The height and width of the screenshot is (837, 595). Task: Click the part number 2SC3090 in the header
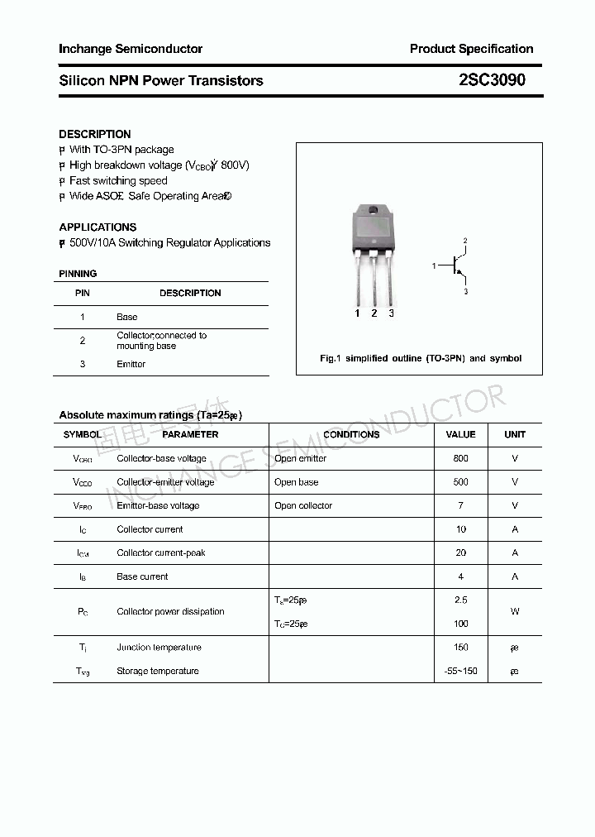pos(491,80)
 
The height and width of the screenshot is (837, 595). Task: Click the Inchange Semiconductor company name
pos(130,49)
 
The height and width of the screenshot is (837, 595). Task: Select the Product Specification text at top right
pos(471,49)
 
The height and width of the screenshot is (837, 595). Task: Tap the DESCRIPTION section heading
pos(94,134)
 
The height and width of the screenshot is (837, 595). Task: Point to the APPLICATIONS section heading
pos(98,227)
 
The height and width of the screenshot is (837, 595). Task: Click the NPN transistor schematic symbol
pos(457,265)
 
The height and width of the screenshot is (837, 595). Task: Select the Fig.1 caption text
pos(420,358)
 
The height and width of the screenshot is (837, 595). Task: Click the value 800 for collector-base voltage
pos(460,458)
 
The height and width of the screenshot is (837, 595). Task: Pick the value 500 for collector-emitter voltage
pos(460,481)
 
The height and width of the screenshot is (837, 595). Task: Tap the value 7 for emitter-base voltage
pos(460,505)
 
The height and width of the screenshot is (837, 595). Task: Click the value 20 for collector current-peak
pos(460,552)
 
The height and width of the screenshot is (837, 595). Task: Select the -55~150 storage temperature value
pos(460,671)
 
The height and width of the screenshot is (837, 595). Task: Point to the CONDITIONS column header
pos(351,434)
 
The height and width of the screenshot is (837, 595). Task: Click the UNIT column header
pos(515,434)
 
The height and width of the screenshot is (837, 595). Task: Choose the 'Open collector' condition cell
pos(303,505)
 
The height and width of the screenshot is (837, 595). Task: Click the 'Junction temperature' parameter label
pos(159,648)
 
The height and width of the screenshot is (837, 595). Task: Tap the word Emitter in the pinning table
pos(131,364)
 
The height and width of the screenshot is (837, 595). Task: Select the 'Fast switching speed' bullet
pos(118,180)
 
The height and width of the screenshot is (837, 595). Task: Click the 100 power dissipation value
pos(460,624)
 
